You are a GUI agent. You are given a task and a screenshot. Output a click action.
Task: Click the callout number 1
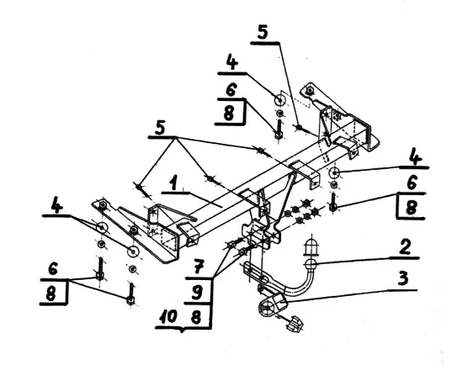(x=173, y=184)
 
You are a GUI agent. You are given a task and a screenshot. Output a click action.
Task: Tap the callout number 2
(x=406, y=247)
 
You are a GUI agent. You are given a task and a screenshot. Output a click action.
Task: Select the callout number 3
(x=402, y=278)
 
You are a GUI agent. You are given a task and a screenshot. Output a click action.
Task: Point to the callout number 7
(x=199, y=267)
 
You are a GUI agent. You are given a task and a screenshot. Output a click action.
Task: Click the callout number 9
(x=197, y=294)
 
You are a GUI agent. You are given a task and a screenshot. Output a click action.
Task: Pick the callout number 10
(x=168, y=316)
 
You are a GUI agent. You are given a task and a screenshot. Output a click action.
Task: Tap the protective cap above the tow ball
(x=311, y=247)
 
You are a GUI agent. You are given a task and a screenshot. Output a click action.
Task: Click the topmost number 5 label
(x=263, y=32)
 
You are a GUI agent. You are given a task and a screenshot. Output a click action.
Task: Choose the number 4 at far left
(x=56, y=205)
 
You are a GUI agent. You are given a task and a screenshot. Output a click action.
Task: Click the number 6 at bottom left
(x=53, y=268)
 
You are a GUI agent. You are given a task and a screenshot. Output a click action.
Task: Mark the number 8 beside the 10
(x=196, y=317)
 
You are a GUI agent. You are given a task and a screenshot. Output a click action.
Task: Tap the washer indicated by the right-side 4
(x=334, y=173)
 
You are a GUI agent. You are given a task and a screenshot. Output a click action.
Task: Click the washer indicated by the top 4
(x=279, y=100)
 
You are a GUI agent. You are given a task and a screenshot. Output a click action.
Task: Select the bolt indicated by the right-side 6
(x=333, y=202)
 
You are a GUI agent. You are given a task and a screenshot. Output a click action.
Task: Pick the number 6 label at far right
(x=412, y=183)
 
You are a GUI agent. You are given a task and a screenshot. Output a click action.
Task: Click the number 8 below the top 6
(x=229, y=113)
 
